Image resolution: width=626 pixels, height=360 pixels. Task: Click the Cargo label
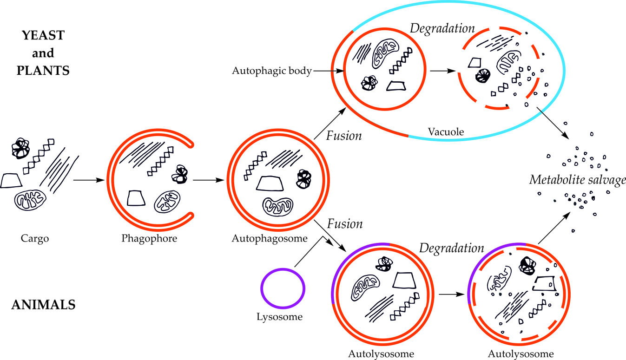(x=35, y=239)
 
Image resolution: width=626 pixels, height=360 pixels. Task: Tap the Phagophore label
(x=149, y=239)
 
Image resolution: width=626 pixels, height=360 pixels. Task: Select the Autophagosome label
(x=270, y=239)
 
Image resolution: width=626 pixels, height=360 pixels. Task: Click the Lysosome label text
(x=279, y=317)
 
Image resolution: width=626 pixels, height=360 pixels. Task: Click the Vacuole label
(x=445, y=132)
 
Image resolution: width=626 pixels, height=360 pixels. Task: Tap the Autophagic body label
(x=271, y=71)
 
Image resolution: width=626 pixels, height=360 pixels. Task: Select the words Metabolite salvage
(x=578, y=180)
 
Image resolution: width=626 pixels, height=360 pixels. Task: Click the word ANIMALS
(x=43, y=305)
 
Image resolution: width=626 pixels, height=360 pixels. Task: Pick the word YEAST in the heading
(x=43, y=35)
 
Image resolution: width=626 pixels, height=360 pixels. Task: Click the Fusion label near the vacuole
(x=344, y=136)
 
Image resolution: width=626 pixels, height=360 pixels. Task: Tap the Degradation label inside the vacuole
(x=442, y=28)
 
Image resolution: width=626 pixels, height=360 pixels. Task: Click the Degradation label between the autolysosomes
(x=452, y=248)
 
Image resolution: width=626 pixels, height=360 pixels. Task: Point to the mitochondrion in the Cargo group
(x=30, y=200)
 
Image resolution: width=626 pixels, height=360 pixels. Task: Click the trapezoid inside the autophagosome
(x=270, y=184)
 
